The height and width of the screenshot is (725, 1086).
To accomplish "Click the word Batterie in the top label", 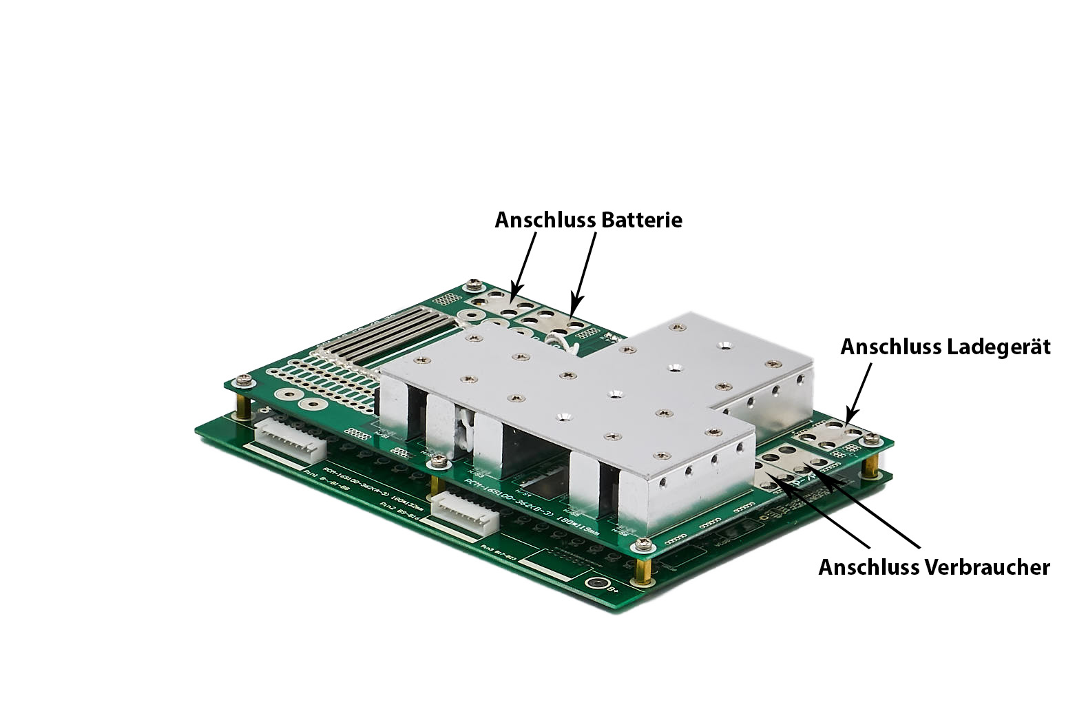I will (641, 220).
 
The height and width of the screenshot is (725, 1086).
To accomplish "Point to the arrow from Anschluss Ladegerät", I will (858, 393).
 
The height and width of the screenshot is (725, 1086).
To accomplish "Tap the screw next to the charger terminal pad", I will (870, 436).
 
